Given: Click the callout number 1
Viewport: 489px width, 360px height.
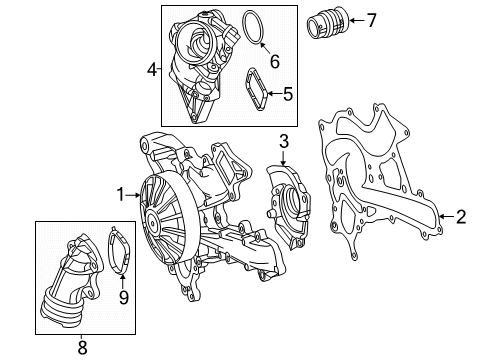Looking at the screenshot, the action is coord(121,195).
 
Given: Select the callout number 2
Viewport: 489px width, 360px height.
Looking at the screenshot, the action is coord(461,217).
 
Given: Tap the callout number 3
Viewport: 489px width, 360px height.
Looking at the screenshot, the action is coord(284,141).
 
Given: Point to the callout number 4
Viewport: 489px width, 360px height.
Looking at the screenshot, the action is coord(152,70).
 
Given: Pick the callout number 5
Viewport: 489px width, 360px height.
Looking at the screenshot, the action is coord(288,94).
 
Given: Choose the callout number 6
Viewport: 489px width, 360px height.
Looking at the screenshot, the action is coord(275,62).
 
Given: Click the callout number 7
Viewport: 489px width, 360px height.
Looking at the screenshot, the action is coord(372,20).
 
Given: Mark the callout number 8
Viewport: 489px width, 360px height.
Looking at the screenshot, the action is coord(82,348).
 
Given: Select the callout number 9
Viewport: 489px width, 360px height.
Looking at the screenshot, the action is coord(124,297).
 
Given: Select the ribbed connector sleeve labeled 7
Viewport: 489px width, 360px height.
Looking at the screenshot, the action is coord(328,22).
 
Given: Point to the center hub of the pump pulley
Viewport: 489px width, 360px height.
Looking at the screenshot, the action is coord(152,220).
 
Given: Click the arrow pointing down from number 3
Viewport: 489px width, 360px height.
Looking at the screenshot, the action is coord(283,158).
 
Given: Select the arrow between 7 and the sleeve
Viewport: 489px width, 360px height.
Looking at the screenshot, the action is coord(357,21).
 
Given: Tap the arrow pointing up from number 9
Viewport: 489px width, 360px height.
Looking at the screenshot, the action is coord(123,282).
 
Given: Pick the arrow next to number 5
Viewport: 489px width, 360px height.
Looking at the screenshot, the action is coord(275,93).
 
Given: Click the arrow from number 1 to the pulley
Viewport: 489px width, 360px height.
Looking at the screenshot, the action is coord(133,195).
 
